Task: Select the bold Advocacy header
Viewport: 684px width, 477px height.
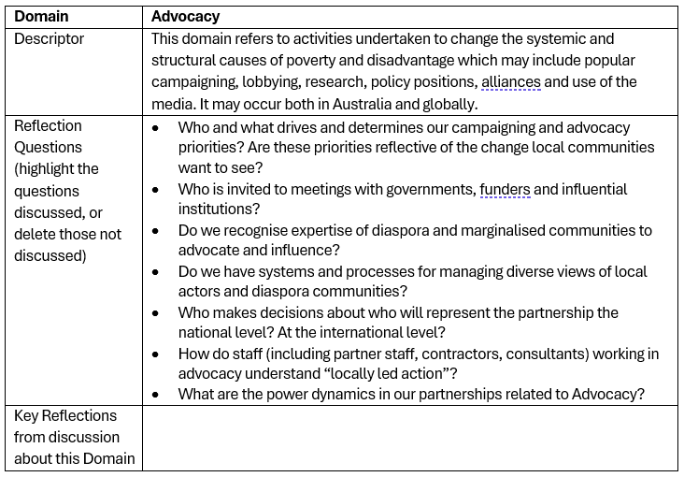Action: (x=185, y=17)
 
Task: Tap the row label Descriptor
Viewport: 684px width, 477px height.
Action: (x=49, y=39)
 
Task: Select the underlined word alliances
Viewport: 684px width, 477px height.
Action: (x=510, y=82)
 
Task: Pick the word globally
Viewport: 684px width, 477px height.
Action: (x=445, y=104)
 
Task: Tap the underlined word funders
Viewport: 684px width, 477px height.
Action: (x=505, y=189)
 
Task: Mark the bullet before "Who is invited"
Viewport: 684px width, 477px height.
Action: (x=156, y=189)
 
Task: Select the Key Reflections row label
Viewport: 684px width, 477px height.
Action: (x=65, y=437)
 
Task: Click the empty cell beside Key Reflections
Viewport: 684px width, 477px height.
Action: (x=411, y=437)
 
